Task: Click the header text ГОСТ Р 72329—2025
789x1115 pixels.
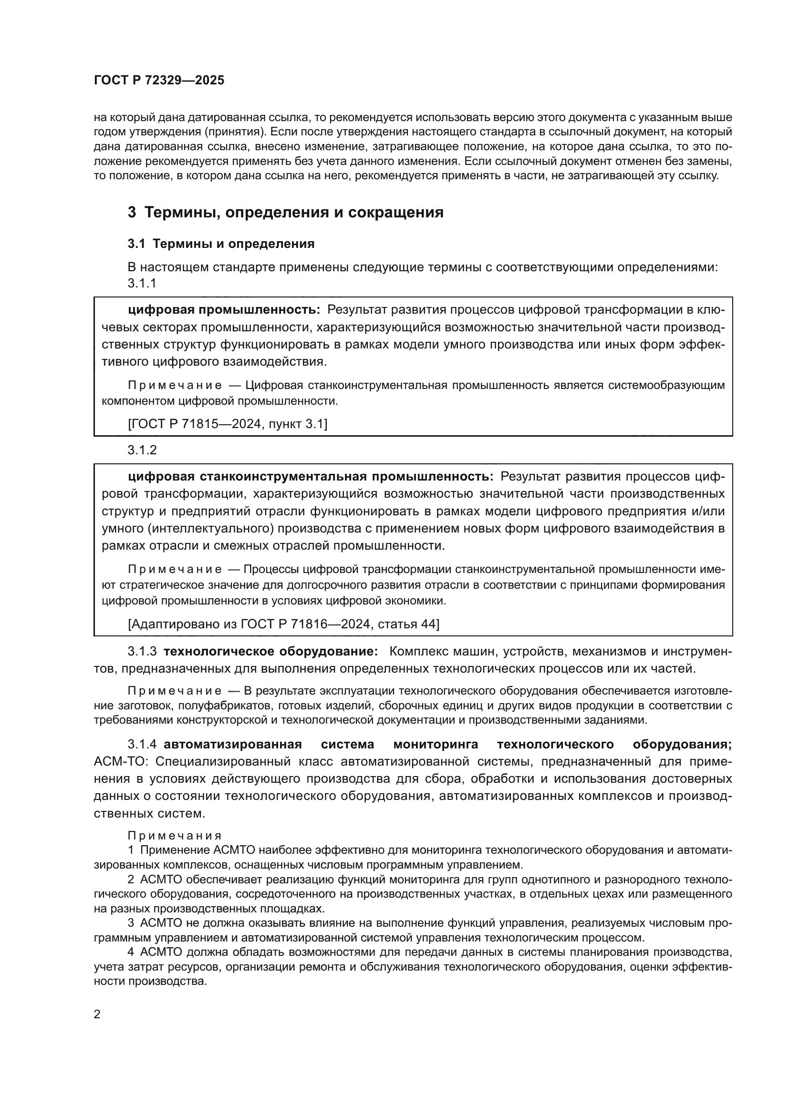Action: point(159,81)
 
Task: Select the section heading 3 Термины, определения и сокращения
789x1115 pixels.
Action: point(285,212)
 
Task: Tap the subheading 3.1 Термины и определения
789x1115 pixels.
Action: point(221,244)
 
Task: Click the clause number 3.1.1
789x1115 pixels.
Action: point(142,283)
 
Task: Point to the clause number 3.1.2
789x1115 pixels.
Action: point(142,450)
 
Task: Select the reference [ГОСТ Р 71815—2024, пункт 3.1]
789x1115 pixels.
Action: point(228,424)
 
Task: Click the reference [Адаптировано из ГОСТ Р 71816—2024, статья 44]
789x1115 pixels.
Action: point(283,624)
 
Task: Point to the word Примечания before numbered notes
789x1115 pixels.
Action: point(175,835)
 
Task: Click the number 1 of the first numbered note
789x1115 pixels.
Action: point(131,850)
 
